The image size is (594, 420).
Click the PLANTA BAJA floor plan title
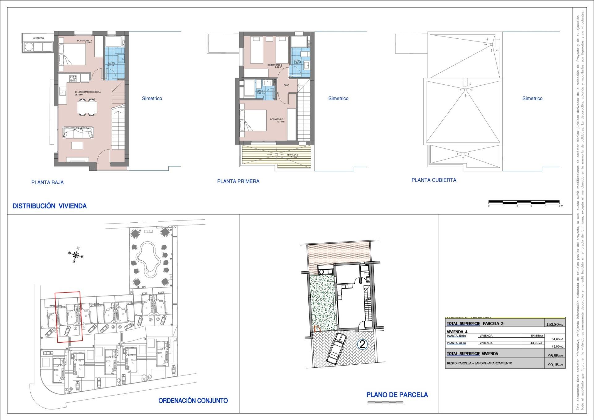click(47, 182)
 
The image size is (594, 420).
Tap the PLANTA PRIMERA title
click(238, 181)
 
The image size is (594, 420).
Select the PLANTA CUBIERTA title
click(434, 180)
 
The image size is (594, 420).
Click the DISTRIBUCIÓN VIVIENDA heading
click(49, 206)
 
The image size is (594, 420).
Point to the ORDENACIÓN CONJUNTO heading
click(193, 401)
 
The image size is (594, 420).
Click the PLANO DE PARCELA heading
click(397, 395)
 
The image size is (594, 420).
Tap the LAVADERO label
click(38, 38)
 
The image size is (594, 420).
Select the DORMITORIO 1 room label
click(277, 119)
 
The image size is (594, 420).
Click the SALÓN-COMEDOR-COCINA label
click(88, 92)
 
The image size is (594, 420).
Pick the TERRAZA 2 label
click(292, 155)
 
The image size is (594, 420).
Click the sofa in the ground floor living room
click(78, 133)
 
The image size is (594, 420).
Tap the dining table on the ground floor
click(87, 107)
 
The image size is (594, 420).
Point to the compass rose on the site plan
click(76, 255)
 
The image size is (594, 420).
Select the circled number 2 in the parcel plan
click(362, 344)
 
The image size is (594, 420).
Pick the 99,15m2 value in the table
click(555, 365)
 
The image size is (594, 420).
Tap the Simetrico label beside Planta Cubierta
click(532, 98)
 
